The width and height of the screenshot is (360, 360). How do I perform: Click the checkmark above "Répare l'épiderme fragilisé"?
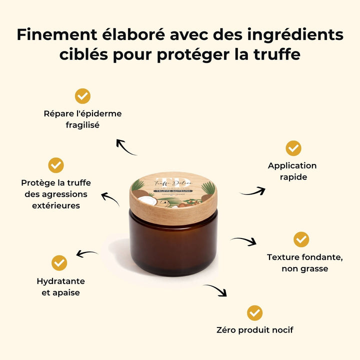tap(82, 96)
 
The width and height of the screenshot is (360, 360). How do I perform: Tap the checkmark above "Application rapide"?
tap(293, 148)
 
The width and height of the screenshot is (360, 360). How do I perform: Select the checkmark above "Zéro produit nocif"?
tap(254, 313)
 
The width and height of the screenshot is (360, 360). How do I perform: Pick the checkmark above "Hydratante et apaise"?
tap(59, 263)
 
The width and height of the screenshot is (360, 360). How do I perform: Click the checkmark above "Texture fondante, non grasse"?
tap(301, 239)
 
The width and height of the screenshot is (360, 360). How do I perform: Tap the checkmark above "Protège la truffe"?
tap(56, 165)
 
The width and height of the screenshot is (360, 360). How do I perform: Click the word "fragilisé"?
tap(82, 125)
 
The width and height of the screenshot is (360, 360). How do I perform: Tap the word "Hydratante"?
tap(60, 281)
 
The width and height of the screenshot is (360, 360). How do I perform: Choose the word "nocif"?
tap(281, 330)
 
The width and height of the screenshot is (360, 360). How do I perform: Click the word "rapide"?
tap(293, 177)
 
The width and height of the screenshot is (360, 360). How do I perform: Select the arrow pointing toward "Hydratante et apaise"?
tap(86, 254)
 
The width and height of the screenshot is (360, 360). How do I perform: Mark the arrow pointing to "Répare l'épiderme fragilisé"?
tap(125, 147)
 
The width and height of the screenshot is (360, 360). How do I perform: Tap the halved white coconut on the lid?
tap(147, 200)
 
